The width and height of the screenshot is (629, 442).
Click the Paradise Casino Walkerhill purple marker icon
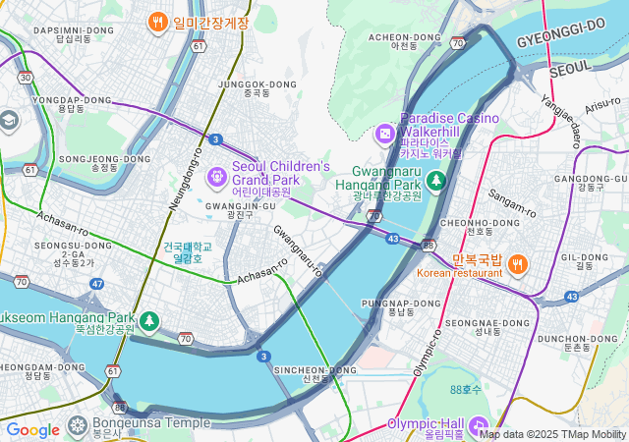[x=385, y=131]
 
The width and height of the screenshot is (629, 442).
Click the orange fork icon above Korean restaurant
[x=518, y=262]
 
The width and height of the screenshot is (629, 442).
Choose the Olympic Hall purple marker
[x=479, y=425]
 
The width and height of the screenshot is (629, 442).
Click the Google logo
[x=32, y=429]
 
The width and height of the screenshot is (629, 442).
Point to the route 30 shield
[x=26, y=77]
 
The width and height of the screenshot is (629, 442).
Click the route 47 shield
[x=96, y=284]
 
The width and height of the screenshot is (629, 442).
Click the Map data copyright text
[x=552, y=434]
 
